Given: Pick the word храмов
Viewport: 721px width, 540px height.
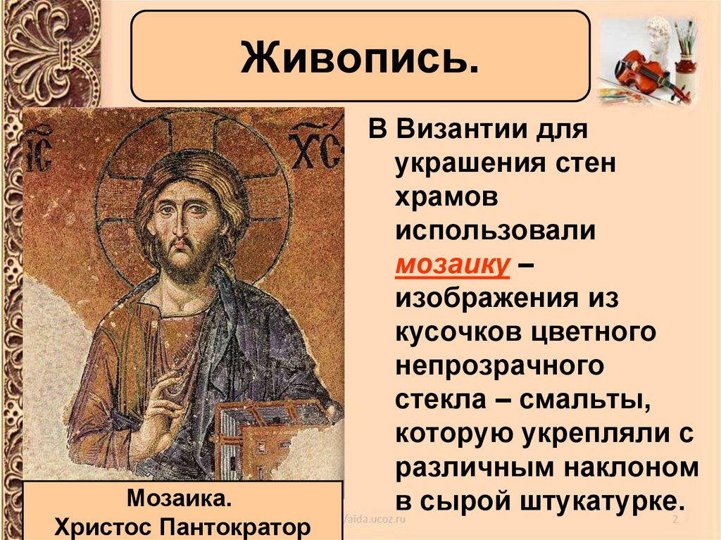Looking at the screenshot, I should pyautogui.click(x=447, y=198).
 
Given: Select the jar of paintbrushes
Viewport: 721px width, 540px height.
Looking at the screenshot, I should pyautogui.click(x=684, y=56).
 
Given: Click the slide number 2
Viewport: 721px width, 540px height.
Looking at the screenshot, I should pyautogui.click(x=675, y=520).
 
